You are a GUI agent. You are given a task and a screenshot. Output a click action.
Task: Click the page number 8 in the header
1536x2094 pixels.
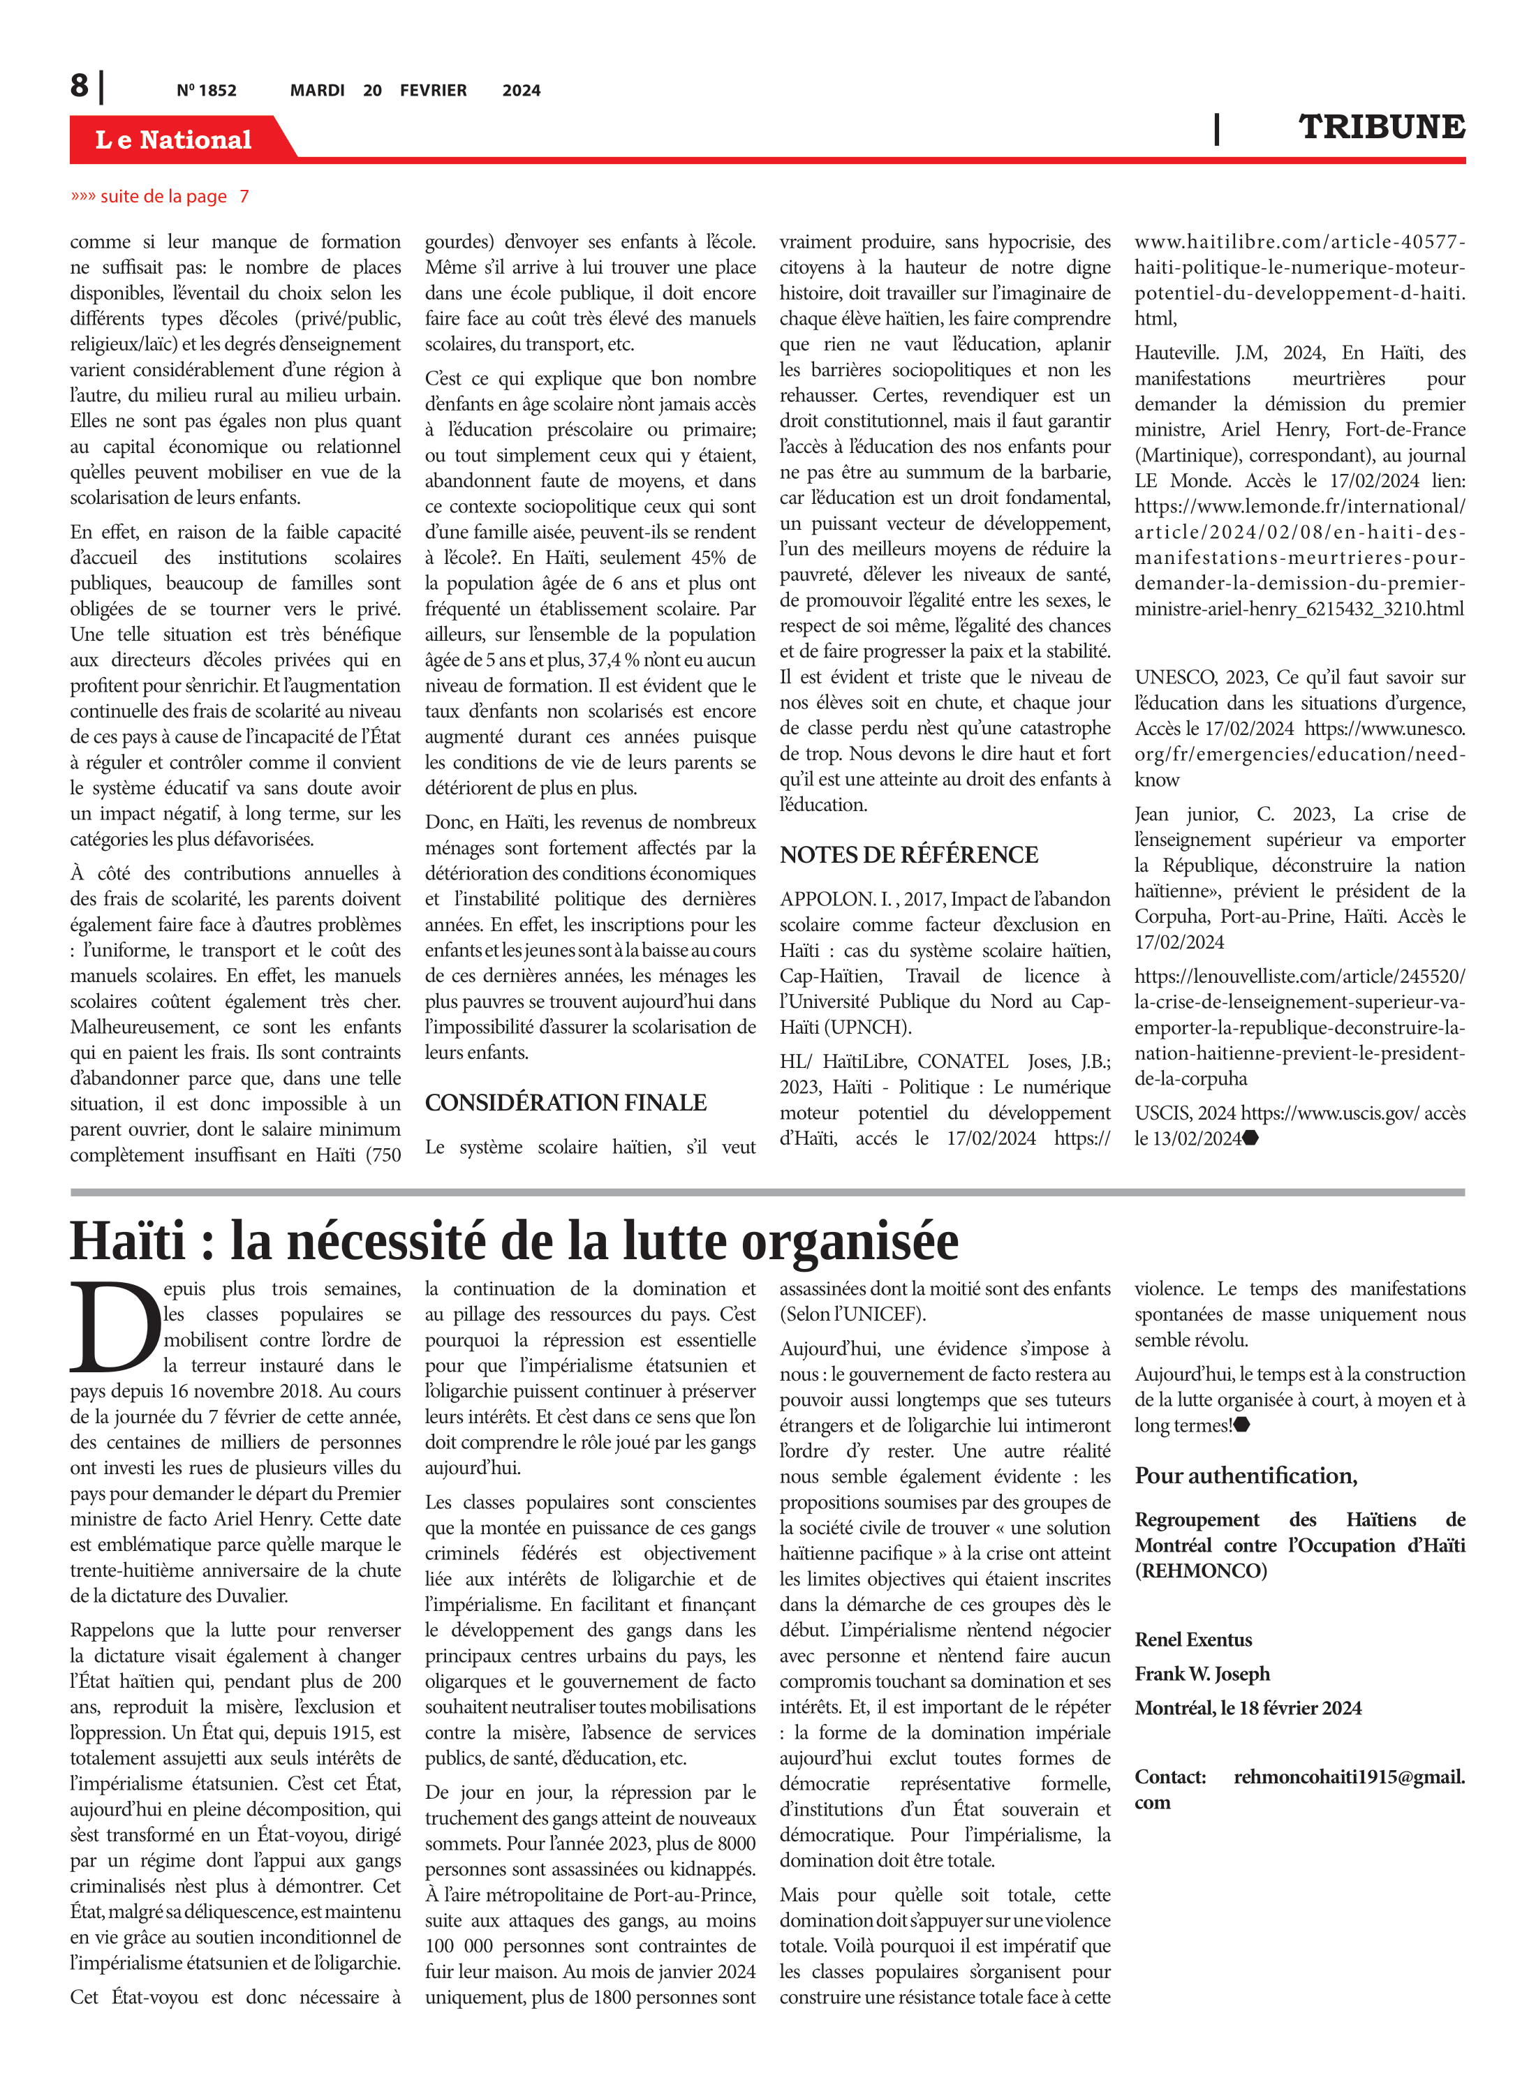point(80,86)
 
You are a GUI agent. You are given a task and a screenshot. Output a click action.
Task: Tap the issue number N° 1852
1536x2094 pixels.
point(207,91)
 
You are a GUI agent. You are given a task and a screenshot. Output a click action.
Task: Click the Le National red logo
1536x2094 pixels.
point(174,140)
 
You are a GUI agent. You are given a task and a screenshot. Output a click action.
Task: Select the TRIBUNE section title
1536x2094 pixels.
point(1382,127)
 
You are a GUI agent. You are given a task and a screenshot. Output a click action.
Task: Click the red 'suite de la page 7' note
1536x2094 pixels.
point(160,196)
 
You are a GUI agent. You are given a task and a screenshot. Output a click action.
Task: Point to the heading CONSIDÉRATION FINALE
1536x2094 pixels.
point(566,1102)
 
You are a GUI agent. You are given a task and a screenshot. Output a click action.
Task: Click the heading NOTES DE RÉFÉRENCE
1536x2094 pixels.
point(908,855)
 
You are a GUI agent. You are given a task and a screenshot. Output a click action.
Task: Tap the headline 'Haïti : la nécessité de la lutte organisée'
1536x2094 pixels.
point(514,1242)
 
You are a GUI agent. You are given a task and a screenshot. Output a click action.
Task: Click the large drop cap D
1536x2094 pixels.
point(115,1327)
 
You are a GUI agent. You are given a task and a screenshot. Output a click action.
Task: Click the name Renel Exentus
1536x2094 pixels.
point(1193,1640)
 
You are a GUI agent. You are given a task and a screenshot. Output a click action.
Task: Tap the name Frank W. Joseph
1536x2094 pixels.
point(1202,1674)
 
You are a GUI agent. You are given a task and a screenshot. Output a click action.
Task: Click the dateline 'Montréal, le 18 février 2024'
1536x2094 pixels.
point(1248,1708)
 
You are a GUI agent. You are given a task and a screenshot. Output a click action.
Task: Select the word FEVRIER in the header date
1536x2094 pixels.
point(434,91)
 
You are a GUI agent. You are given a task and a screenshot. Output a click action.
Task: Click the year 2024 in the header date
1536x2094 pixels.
point(521,91)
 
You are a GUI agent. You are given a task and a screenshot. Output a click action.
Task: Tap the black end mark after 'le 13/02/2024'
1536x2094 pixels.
point(1250,1138)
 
